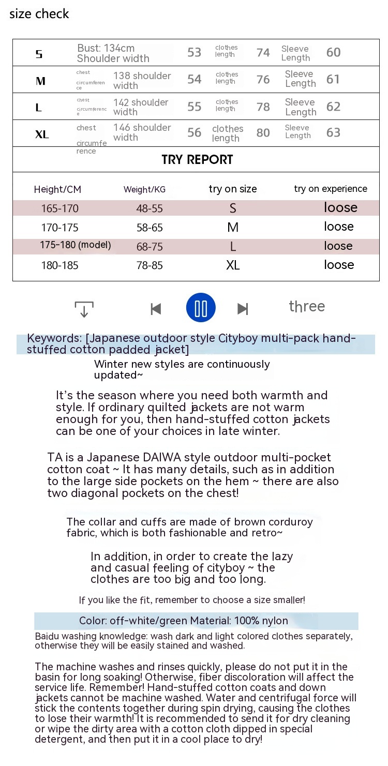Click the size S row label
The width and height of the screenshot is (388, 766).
pos(39,54)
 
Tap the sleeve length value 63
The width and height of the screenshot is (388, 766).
pos(333,132)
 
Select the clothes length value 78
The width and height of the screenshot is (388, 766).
pos(263,107)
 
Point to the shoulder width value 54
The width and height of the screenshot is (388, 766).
pos(194,79)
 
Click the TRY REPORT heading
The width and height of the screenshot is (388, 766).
pos(197,159)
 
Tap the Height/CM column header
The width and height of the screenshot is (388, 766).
pos(57,189)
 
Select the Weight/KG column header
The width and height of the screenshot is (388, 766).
pos(144,189)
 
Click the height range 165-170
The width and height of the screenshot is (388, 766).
pos(60,208)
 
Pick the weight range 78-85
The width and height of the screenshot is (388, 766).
pos(150,265)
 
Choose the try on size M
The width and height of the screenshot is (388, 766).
pos(233,227)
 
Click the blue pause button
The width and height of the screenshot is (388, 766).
pos(201,308)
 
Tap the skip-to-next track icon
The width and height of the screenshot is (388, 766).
pos(243,309)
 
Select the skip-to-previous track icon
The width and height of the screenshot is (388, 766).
pos(156,309)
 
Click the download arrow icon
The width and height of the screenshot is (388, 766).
pos(84,309)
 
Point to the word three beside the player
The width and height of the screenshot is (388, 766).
pos(307,306)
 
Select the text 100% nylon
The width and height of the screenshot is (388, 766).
pos(261,621)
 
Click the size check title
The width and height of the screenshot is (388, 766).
pos(39,14)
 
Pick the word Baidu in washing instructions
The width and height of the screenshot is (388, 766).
pos(47,636)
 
